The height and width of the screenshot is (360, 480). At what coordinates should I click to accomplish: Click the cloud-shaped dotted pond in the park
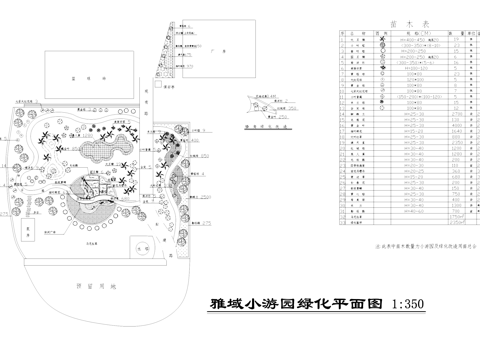[100, 151]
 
